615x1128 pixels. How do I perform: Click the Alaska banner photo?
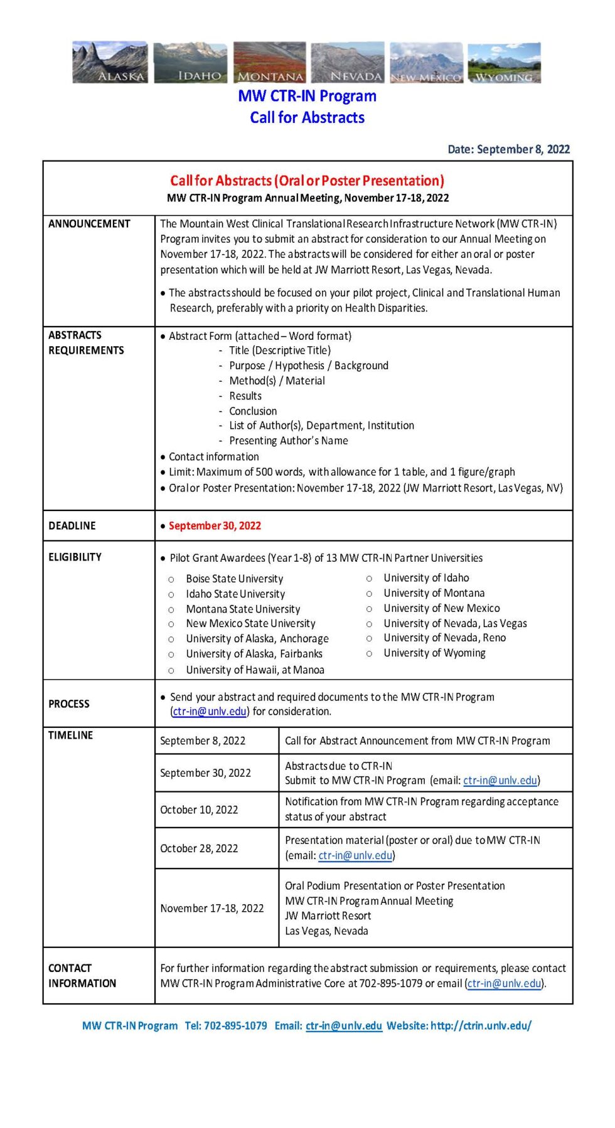(x=110, y=62)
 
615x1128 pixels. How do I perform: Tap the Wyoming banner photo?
(x=504, y=62)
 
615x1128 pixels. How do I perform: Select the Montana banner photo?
(x=270, y=62)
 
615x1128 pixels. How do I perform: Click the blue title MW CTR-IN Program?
(x=307, y=96)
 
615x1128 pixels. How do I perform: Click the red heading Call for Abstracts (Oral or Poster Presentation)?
(x=307, y=181)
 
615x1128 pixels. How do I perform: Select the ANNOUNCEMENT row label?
(x=89, y=224)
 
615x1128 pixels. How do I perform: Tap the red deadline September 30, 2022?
(x=215, y=525)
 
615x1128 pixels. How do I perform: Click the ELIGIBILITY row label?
(x=75, y=557)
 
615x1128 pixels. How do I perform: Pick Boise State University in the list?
(x=234, y=579)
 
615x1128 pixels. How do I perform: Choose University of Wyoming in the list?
(x=434, y=653)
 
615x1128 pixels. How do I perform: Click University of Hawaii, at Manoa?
(x=255, y=670)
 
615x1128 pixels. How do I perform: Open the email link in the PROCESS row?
(x=210, y=711)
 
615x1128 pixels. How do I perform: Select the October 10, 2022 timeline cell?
(x=199, y=809)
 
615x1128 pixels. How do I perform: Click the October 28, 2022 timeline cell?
(x=199, y=848)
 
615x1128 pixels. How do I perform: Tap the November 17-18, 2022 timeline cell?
(x=211, y=908)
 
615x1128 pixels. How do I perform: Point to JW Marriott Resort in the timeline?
(x=328, y=915)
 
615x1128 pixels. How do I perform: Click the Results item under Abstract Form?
(x=245, y=396)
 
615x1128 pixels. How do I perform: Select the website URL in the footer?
(x=481, y=1025)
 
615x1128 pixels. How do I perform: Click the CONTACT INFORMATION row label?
(x=82, y=976)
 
